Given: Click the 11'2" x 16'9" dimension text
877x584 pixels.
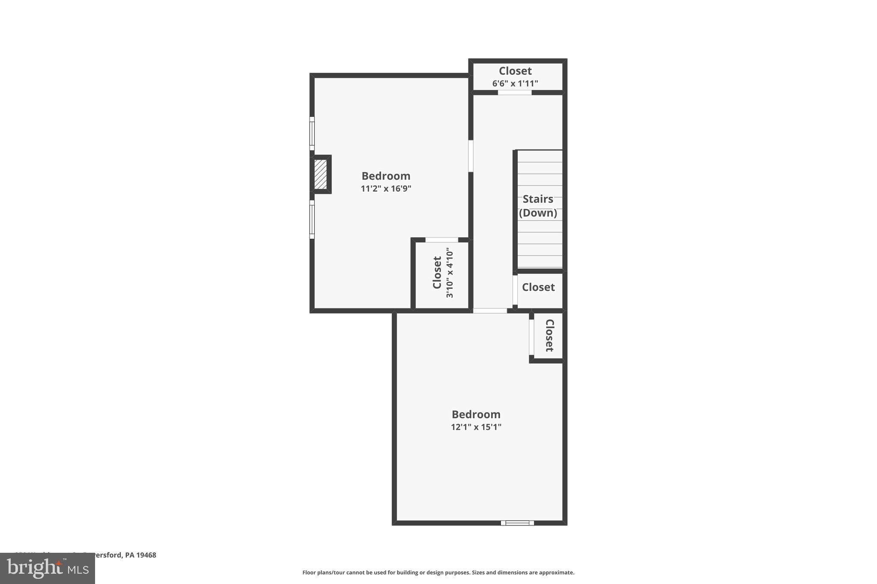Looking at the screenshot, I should point(386,189).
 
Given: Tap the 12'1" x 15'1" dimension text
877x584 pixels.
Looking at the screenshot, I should point(476,427).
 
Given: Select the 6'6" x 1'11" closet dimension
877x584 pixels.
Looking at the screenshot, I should point(515,83).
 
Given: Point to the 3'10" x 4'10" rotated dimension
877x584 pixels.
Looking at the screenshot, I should point(449,273).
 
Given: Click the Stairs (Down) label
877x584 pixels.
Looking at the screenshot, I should point(538,206).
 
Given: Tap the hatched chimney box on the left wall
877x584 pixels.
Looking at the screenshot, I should point(321,174).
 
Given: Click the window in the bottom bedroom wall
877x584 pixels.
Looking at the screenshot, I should point(517,522).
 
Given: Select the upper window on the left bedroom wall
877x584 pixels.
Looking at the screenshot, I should point(312,133).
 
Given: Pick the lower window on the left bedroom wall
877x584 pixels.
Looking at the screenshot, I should point(312,219).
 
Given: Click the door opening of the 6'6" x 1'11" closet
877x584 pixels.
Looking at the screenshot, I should point(514,92).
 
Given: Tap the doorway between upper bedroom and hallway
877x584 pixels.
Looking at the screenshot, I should point(471,156).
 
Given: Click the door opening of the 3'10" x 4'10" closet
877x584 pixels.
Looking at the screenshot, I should point(441,240).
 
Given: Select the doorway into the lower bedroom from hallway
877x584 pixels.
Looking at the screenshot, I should point(490,311).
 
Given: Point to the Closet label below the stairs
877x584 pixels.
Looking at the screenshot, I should point(538,287).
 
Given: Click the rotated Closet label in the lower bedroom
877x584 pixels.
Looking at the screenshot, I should point(549,335).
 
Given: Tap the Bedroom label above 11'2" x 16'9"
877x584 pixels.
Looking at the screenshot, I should point(386,176).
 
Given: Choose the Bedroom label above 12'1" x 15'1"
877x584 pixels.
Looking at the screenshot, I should point(476,414).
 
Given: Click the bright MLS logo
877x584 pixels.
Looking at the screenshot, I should point(48,568).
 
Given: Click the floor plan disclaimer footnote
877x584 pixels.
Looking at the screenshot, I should point(438,572).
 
